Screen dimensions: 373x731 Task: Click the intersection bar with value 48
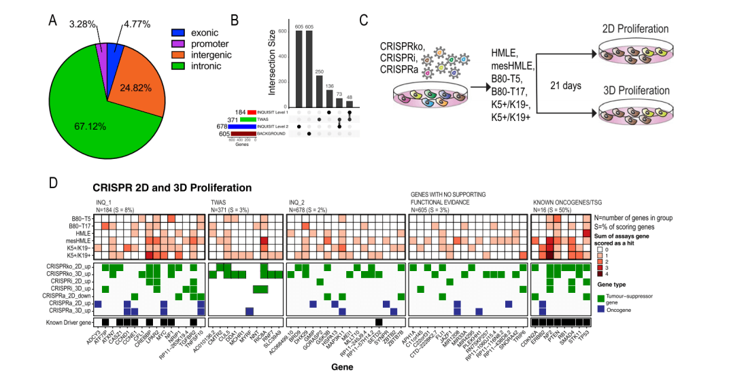(350, 103)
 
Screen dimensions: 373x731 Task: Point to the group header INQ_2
(296, 202)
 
